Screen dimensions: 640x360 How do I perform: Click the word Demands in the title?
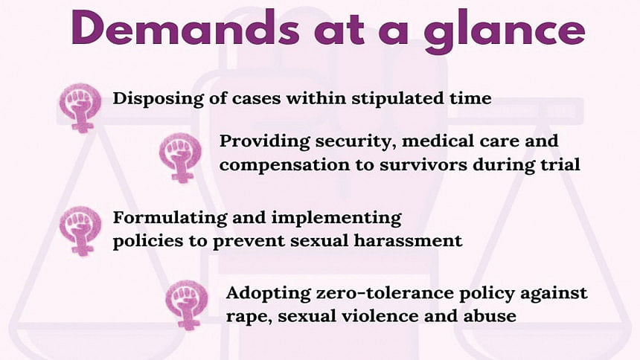coord(186,28)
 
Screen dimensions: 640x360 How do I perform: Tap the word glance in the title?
coord(505,31)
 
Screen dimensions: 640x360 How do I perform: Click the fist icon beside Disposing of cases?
coord(80,108)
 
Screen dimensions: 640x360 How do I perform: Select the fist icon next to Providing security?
coord(180,158)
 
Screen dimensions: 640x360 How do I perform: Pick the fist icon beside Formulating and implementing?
coord(80,231)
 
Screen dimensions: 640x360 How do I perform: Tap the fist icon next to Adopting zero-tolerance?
coord(187,305)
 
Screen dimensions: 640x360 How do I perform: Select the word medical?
coord(438,141)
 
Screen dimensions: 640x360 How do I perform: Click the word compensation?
coord(284,165)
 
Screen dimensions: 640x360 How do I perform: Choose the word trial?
coord(560,164)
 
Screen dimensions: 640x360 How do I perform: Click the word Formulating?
coord(170,219)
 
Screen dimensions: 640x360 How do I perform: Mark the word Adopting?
coord(268,294)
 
